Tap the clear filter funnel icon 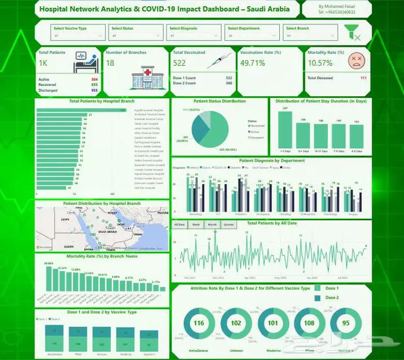pyautogui.click(x=356, y=32)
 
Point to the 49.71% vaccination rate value pyautogui.click(x=253, y=62)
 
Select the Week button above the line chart pyautogui.click(x=195, y=224)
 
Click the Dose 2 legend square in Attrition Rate pyautogui.click(x=317, y=298)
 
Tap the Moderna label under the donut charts pyautogui.click(x=272, y=350)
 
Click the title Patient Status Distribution pyautogui.click(x=219, y=101)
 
